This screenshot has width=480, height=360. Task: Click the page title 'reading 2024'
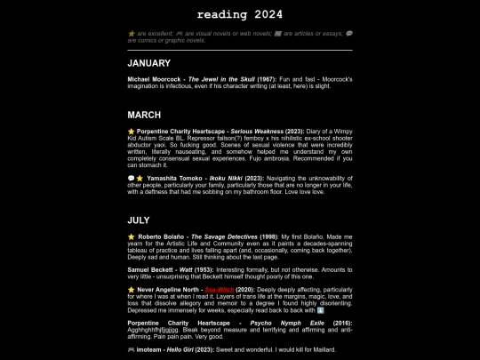point(240,15)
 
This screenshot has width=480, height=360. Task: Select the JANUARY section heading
point(148,64)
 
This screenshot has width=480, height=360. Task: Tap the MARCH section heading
point(144,116)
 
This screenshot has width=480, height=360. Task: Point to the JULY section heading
point(139,220)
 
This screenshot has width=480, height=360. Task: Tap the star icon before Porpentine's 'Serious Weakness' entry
point(131,132)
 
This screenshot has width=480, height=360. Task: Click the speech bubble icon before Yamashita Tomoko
point(131,178)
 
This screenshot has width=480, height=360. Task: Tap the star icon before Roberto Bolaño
point(131,237)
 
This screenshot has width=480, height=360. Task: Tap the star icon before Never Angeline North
point(131,289)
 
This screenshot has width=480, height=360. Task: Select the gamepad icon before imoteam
point(132,350)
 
